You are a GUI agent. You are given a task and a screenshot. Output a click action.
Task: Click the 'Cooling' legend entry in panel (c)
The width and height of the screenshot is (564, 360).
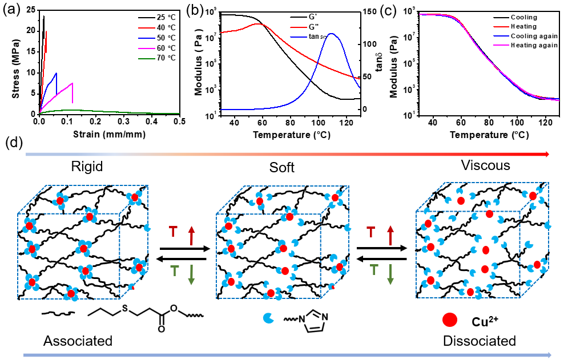tap(523, 17)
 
